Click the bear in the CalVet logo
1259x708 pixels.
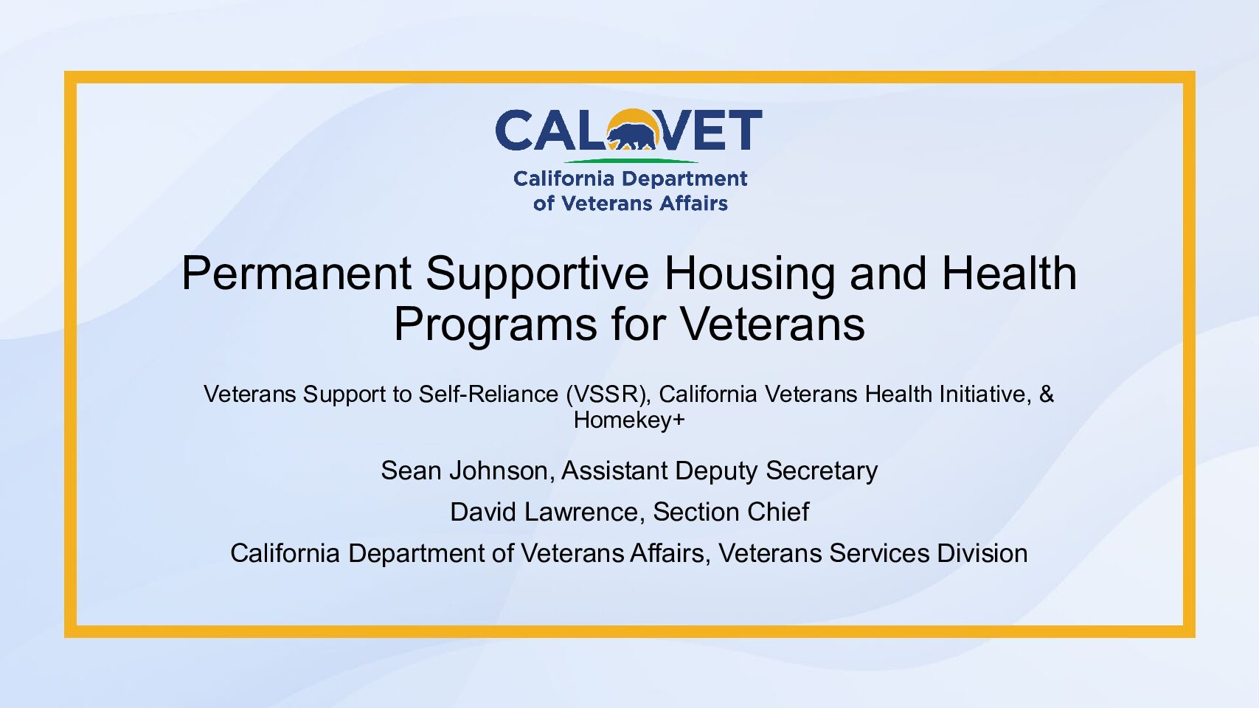tap(632, 136)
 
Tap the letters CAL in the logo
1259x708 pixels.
tap(552, 130)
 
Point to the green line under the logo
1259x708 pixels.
tap(630, 162)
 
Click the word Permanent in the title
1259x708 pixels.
tap(296, 273)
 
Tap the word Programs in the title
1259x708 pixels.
tap(495, 325)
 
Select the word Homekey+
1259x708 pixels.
tap(629, 420)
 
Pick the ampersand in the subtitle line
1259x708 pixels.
tap(1047, 394)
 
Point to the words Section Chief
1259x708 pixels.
tap(731, 512)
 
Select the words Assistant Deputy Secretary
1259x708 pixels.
tap(719, 471)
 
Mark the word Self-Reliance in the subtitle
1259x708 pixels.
tap(488, 394)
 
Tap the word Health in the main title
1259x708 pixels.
tap(1010, 273)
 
